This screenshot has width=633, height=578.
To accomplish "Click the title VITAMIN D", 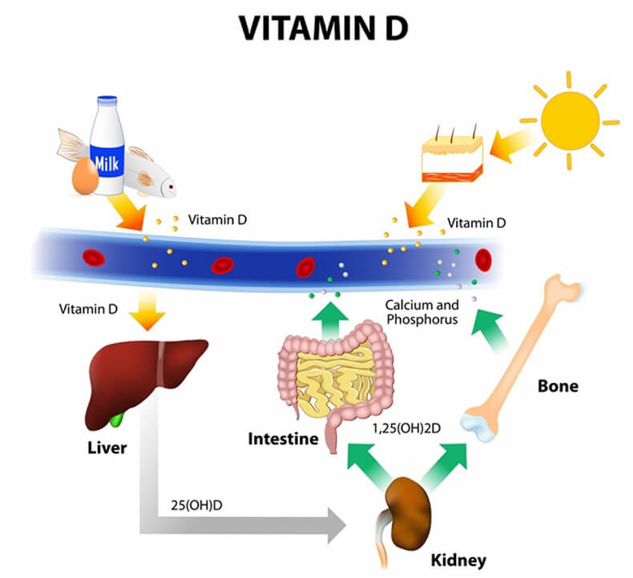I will pyautogui.click(x=316, y=28).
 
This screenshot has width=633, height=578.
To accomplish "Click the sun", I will pyautogui.click(x=570, y=121).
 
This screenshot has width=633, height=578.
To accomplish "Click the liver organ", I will pyautogui.click(x=144, y=376).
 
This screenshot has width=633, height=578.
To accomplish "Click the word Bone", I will pyautogui.click(x=556, y=386).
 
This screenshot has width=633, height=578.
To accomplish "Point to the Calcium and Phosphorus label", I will pyautogui.click(x=421, y=312).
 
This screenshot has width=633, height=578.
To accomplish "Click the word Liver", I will pyautogui.click(x=107, y=448).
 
